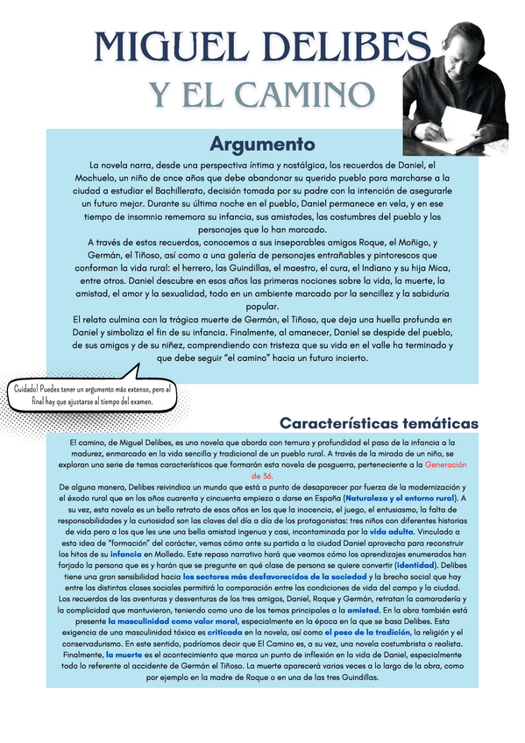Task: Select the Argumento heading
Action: pos(262,143)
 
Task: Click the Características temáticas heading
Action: pos(379,423)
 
